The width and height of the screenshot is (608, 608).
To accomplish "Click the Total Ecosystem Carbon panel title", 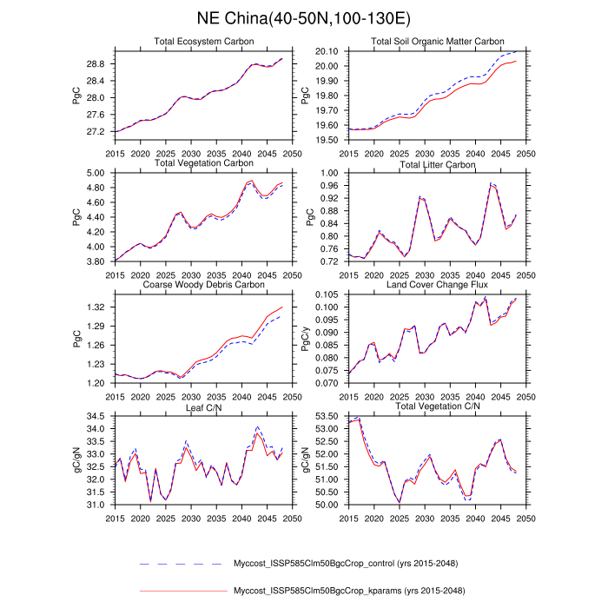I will pos(204,42).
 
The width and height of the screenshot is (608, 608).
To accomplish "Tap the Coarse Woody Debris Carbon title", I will pos(204,284).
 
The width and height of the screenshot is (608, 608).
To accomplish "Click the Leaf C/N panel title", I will pos(204,406).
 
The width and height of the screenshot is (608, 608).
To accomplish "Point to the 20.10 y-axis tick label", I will pos(327,52).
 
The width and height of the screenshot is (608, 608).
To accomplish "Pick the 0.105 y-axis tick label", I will pos(327,294).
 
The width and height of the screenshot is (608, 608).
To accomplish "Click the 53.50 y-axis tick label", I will pos(327,416).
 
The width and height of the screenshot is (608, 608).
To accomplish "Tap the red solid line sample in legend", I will pos(182,591).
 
